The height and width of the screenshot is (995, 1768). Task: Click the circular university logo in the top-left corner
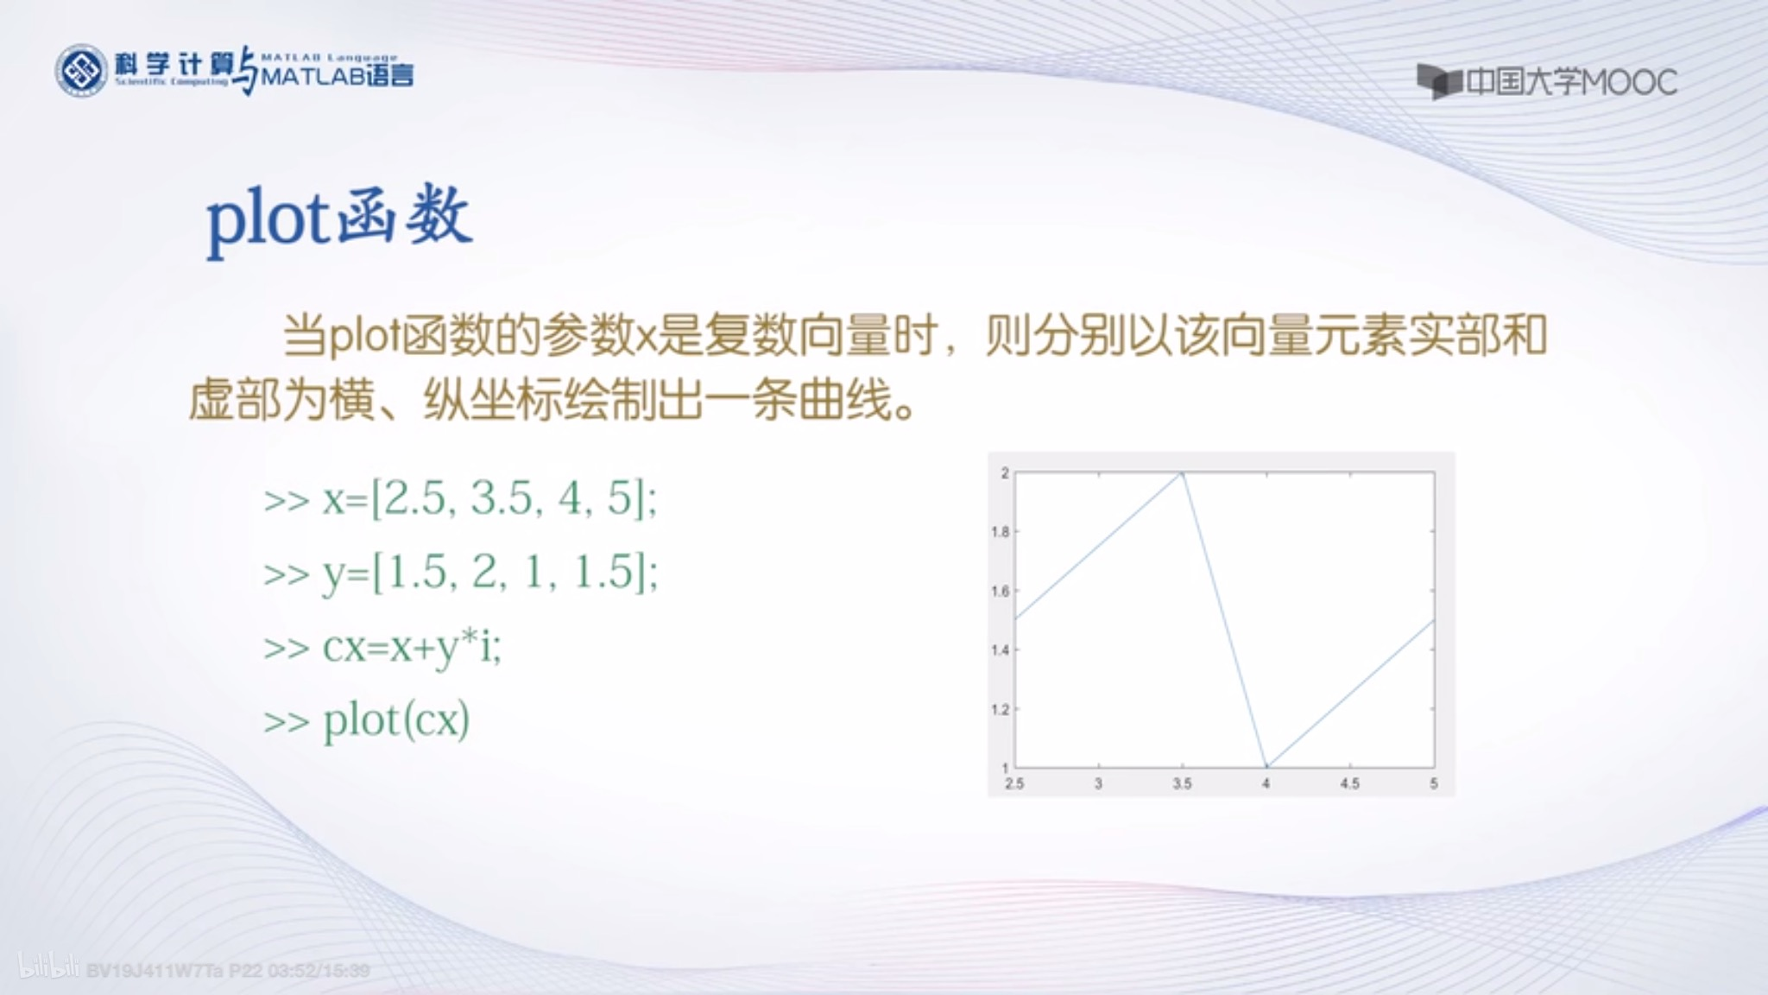[82, 71]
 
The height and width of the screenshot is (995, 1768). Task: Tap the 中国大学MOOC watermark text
[1569, 83]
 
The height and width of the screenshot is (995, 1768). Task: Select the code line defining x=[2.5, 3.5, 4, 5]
[460, 498]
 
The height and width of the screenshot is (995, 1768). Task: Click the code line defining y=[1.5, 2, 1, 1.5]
[460, 572]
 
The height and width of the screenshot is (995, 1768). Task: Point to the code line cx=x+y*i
[382, 646]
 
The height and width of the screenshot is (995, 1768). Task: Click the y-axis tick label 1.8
[1000, 532]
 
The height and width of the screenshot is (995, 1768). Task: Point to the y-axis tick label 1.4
[1000, 650]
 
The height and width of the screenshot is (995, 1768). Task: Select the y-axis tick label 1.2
[1000, 710]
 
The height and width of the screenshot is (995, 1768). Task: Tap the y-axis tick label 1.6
[1000, 592]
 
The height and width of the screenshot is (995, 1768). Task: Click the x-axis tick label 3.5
[1182, 783]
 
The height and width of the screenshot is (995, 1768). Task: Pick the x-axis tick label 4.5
[1349, 783]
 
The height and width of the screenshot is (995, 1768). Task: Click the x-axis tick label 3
[1098, 783]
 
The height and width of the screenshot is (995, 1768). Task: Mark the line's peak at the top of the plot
[1182, 473]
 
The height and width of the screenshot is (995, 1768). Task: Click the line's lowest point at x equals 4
[1266, 766]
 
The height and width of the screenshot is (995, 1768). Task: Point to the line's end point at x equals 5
[1433, 620]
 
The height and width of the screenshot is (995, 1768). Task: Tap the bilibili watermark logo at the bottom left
[48, 967]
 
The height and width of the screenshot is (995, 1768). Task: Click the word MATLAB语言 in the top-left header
[337, 76]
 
